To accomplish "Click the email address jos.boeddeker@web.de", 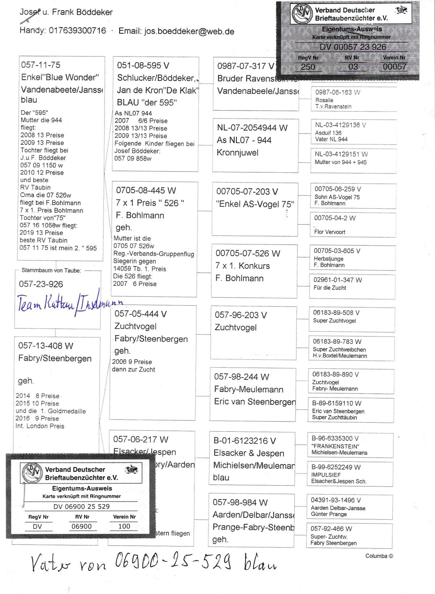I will [x=189, y=32].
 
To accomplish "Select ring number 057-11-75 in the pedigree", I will [x=41, y=65].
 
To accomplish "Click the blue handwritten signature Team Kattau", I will [x=69, y=304].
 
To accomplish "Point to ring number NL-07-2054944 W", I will [x=252, y=128].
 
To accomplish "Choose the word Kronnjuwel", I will [x=237, y=153].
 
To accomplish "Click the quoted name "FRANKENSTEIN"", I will [x=335, y=446].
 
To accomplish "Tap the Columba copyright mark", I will [x=379, y=556].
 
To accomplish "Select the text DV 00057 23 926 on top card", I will [x=353, y=47].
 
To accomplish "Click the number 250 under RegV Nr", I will [x=308, y=67].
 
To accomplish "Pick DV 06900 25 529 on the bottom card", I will [x=82, y=506].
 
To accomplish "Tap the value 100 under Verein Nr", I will [x=124, y=526].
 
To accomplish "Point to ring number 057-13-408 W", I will [x=46, y=346].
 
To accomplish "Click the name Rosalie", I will [x=324, y=100].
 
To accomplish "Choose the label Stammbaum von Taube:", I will [x=51, y=271].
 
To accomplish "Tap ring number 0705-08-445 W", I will [x=146, y=191].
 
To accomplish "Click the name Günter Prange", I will [x=328, y=514].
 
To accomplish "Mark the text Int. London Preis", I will [x=40, y=426].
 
